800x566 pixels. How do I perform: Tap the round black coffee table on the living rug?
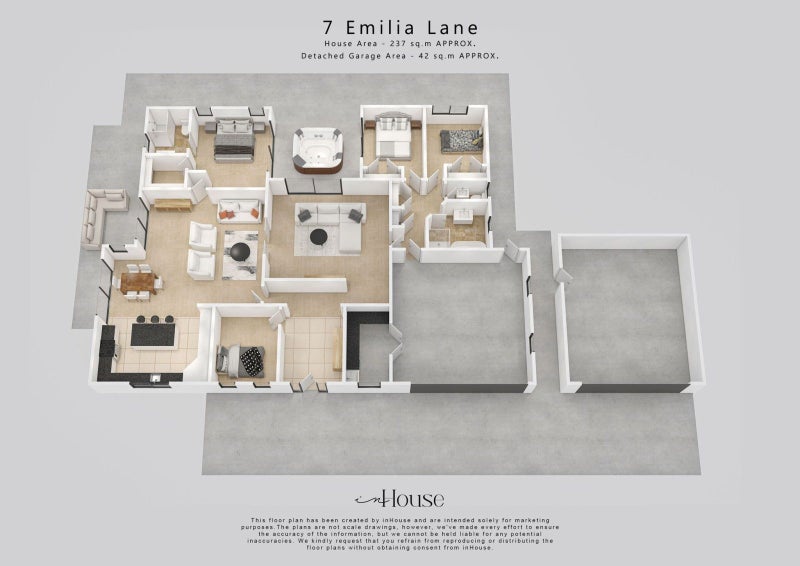319,237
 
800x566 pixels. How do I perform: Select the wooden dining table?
139,283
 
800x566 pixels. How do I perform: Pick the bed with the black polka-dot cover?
242,357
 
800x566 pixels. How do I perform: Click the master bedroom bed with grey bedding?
233,139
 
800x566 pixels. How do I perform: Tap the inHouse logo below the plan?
400,499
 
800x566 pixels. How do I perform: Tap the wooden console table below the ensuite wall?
173,205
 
